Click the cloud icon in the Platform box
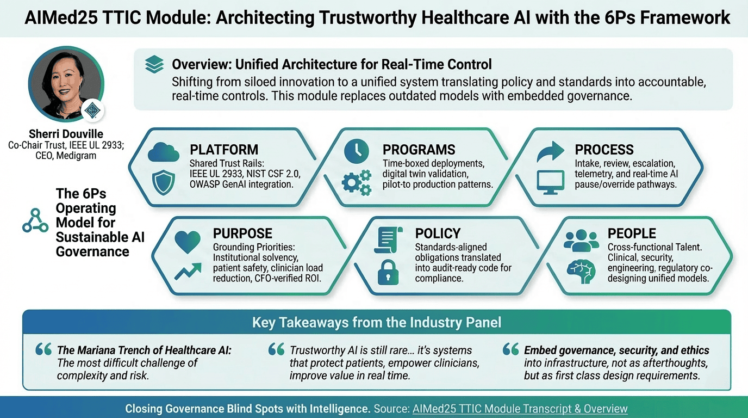[164, 152]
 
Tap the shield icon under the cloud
[163, 182]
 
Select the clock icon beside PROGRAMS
[356, 151]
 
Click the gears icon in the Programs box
[357, 182]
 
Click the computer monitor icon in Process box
[550, 182]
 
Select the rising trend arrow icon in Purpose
[188, 271]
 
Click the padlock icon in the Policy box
[388, 272]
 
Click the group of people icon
[581, 241]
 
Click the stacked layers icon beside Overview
[154, 64]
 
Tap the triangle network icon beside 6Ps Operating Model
[35, 220]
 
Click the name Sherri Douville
[66, 134]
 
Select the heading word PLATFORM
[224, 150]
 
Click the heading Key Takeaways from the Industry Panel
[377, 322]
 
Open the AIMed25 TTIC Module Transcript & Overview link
[520, 409]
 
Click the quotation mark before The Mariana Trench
[43, 349]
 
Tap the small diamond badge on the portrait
[92, 110]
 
